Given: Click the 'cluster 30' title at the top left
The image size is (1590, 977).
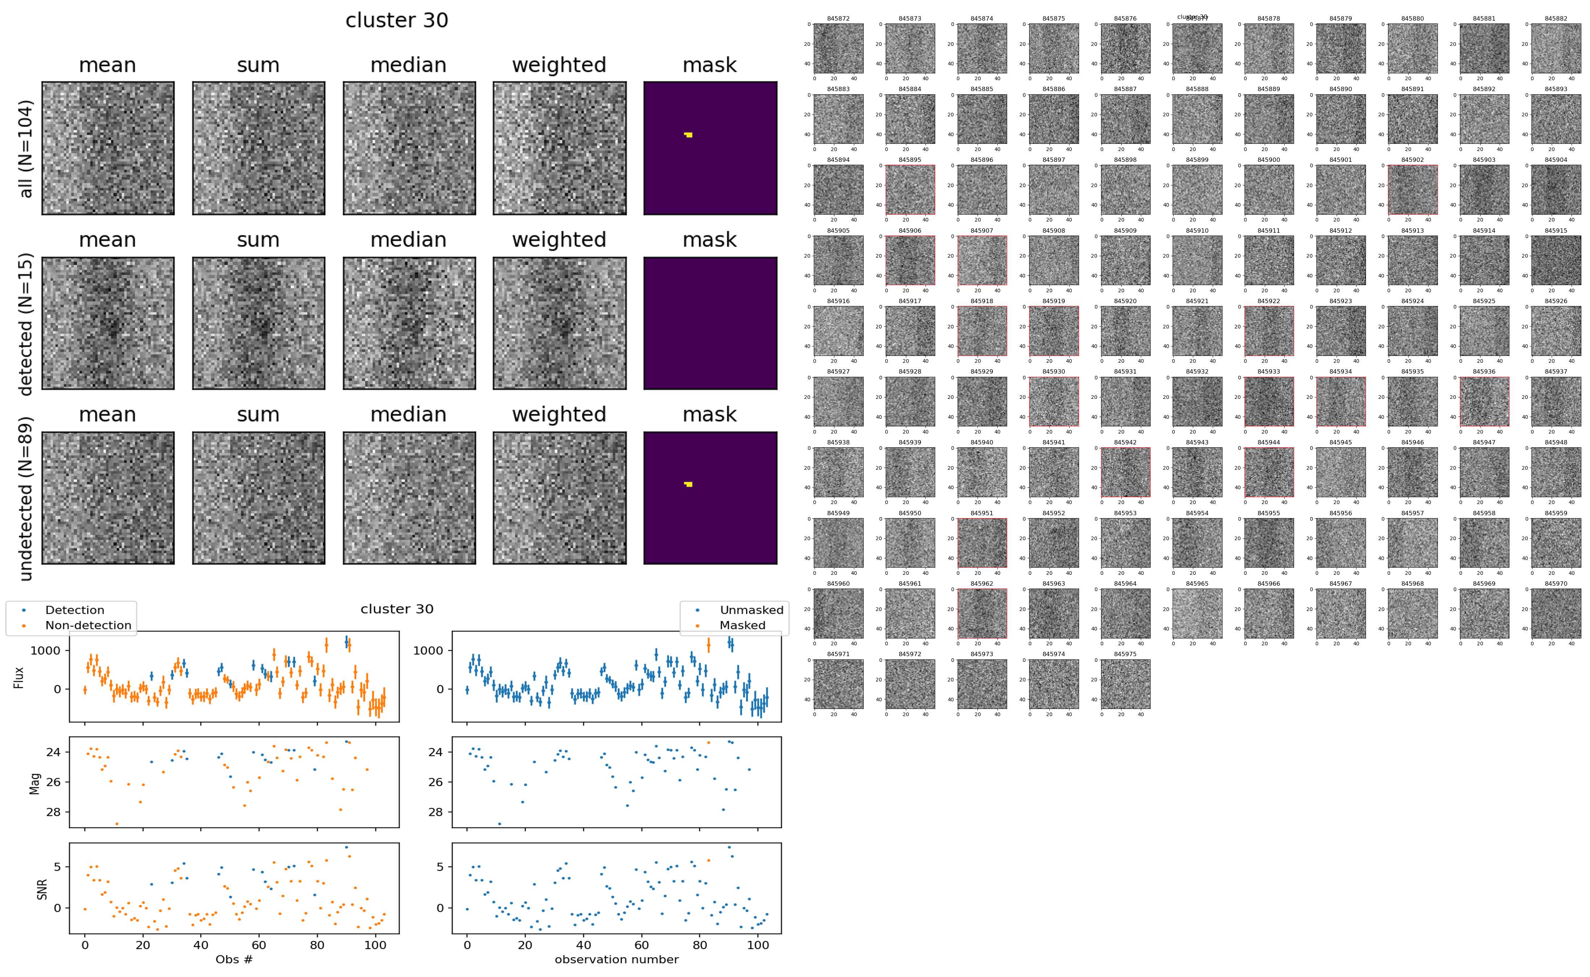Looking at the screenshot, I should (x=397, y=21).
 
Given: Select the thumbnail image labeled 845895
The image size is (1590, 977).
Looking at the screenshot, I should (x=910, y=189).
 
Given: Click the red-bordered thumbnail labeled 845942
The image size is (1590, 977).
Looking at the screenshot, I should (x=1125, y=472).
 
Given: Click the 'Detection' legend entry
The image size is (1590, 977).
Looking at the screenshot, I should (x=74, y=610).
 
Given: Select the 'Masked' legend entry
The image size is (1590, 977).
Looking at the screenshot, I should (x=742, y=625).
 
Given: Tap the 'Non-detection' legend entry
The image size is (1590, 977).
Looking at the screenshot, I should (x=88, y=625).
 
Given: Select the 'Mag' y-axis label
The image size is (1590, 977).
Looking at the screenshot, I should (x=35, y=783).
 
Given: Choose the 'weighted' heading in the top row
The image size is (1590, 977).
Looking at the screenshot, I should (x=559, y=65).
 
